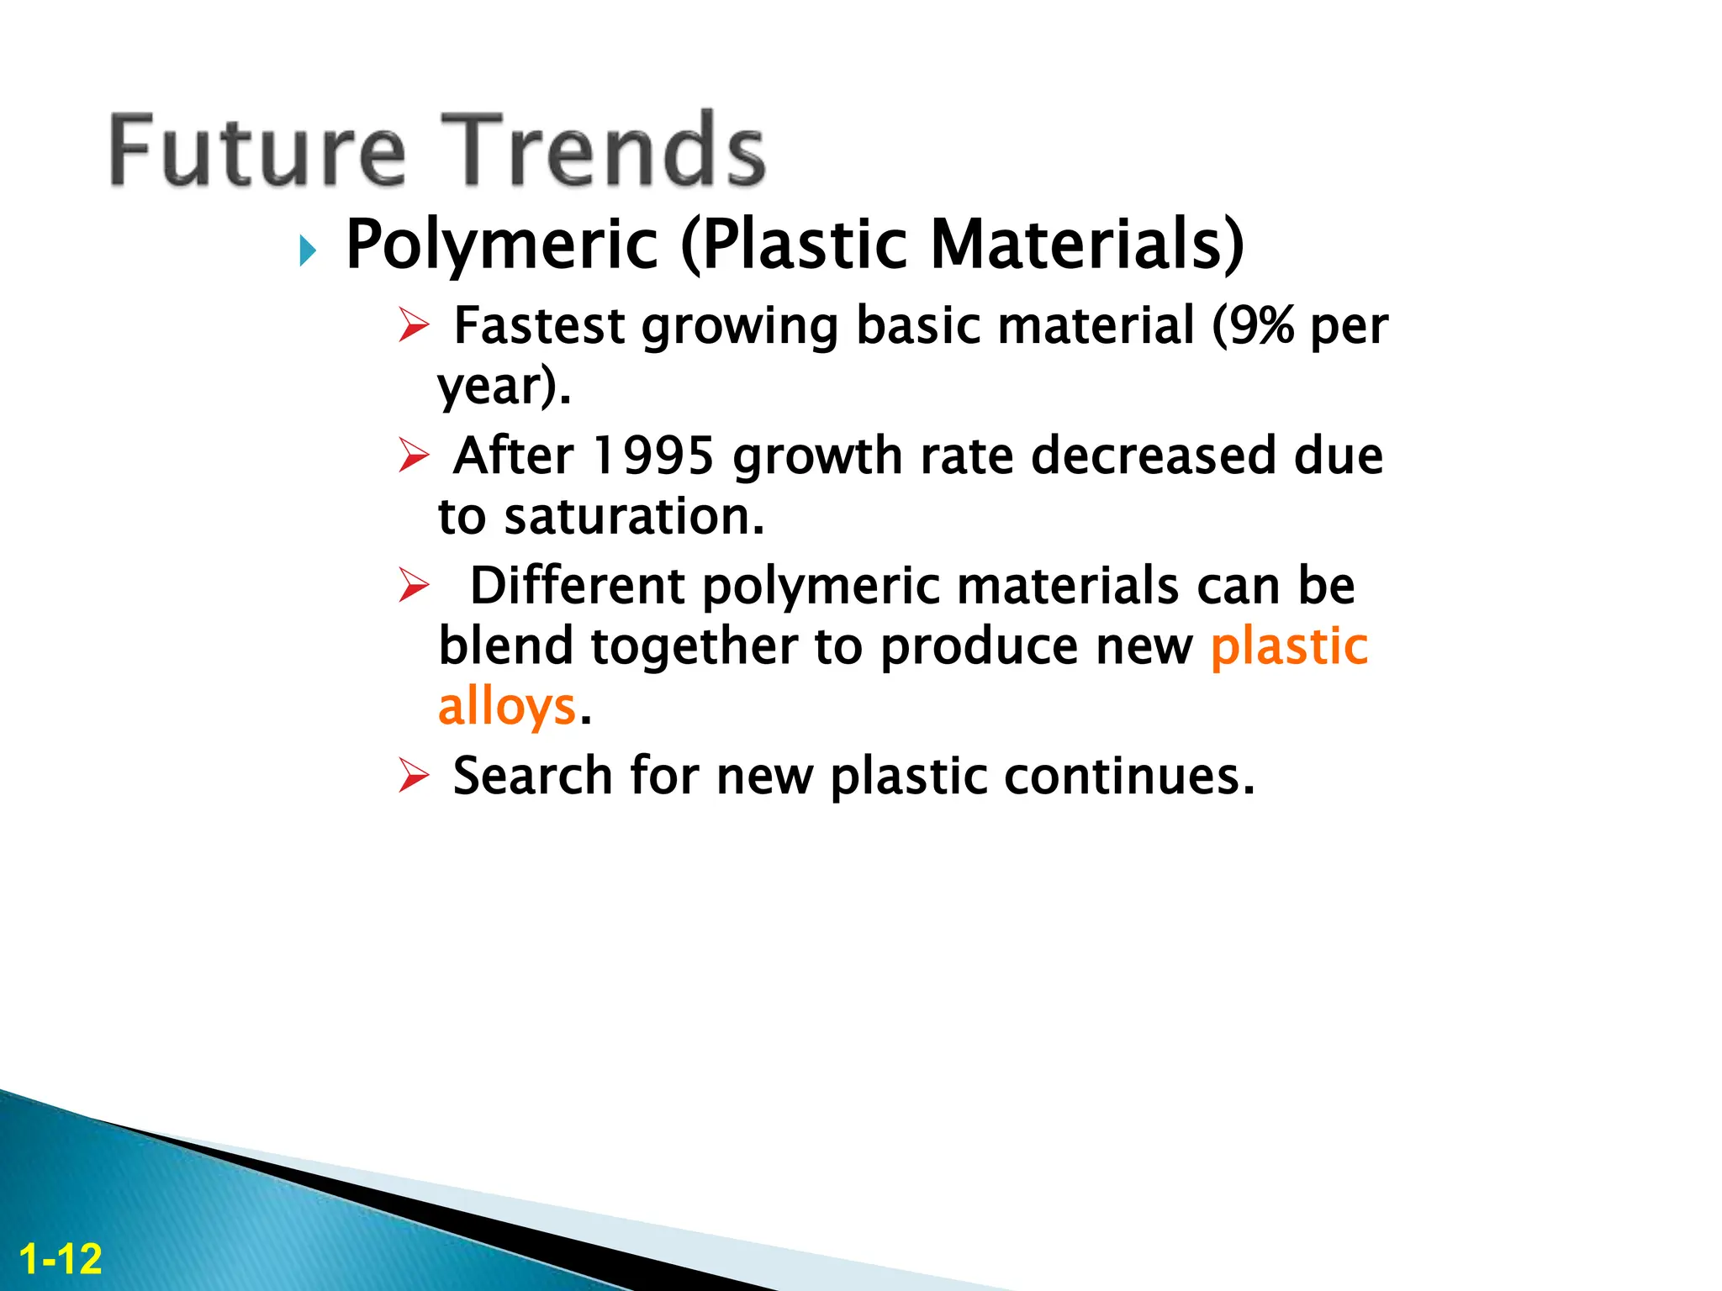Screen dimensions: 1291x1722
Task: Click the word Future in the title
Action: [x=257, y=151]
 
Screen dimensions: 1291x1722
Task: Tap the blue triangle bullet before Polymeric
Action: [x=308, y=250]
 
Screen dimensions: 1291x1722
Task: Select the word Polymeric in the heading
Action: [x=502, y=245]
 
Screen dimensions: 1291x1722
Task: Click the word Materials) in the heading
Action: [x=1086, y=245]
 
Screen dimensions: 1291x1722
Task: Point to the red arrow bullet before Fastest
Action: [x=414, y=325]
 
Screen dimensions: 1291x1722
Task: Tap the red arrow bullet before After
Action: [x=414, y=456]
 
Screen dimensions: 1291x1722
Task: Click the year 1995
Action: [x=653, y=456]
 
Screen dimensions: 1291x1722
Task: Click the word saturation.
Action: [x=634, y=516]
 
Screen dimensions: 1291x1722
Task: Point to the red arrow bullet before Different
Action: [x=414, y=585]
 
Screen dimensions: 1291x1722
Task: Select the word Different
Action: [x=577, y=585]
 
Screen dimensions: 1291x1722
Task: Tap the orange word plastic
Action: [x=1289, y=645]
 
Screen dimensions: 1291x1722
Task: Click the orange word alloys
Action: [x=507, y=706]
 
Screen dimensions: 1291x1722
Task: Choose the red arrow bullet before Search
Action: [x=414, y=775]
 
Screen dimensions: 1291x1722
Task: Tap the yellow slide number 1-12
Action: [x=61, y=1259]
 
